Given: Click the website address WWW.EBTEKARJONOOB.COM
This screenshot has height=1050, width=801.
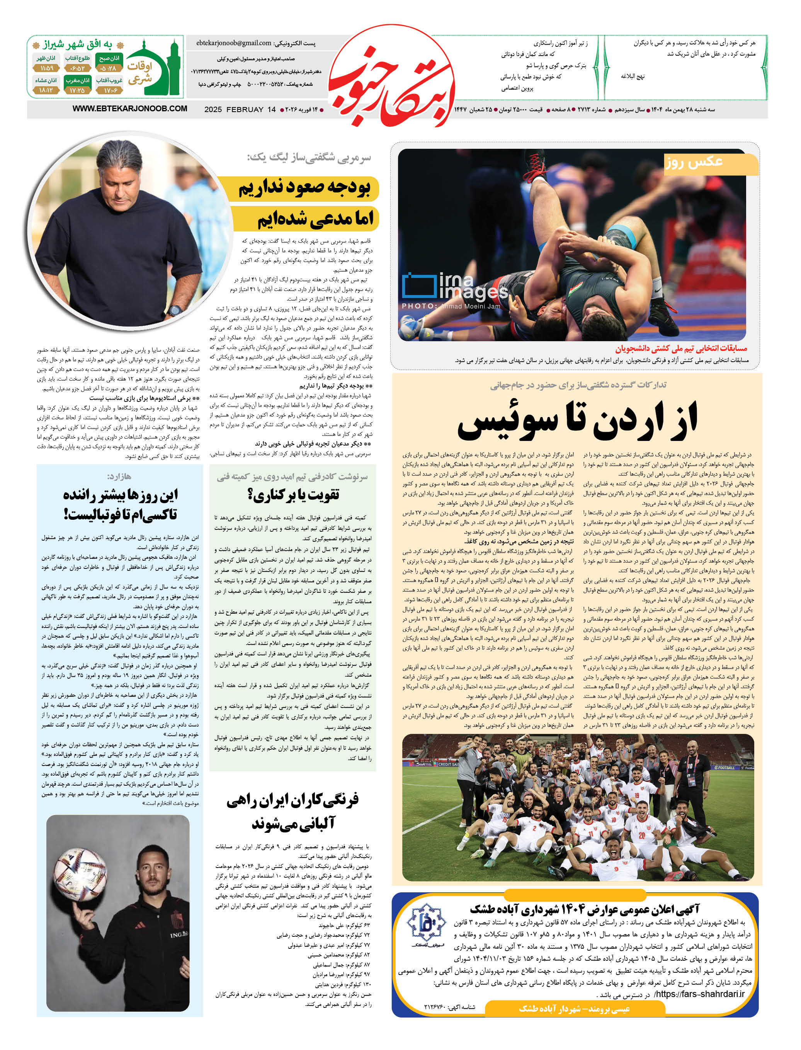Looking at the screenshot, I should pyautogui.click(x=130, y=109).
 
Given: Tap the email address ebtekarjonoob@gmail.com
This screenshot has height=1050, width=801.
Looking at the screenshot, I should pyautogui.click(x=234, y=43).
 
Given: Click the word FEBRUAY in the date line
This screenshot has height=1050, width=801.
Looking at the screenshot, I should pyautogui.click(x=245, y=110).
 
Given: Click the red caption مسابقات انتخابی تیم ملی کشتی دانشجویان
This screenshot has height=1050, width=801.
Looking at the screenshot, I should pyautogui.click(x=681, y=349).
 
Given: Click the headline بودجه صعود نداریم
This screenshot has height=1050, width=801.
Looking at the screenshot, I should pyautogui.click(x=304, y=188).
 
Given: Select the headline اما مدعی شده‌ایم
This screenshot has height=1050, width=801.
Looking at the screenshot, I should pyautogui.click(x=315, y=219).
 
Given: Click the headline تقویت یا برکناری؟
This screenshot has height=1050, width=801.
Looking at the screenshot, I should pyautogui.click(x=293, y=495).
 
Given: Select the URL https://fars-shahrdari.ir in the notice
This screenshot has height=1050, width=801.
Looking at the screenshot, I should pyautogui.click(x=699, y=994).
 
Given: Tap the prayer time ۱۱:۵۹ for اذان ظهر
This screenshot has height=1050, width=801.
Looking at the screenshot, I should pyautogui.click(x=46, y=68).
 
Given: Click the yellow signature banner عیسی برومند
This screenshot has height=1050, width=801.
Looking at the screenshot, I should pyautogui.click(x=574, y=1009).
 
